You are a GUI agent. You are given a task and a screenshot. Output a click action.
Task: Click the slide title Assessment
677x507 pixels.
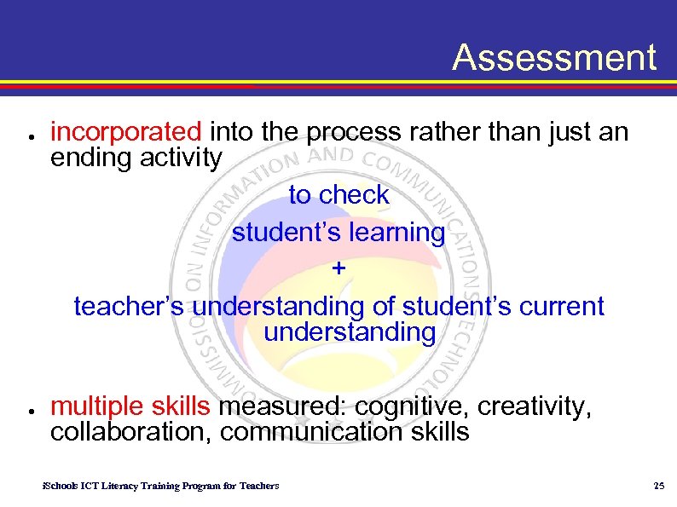[x=554, y=58]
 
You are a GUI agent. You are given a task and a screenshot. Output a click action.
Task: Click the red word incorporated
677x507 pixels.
[x=125, y=132]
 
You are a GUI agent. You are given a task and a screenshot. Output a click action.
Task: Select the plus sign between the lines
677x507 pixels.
[x=339, y=268]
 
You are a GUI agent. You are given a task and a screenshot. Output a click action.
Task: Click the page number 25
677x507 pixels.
[x=657, y=486]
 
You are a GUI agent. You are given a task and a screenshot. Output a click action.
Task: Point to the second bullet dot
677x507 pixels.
[x=30, y=411]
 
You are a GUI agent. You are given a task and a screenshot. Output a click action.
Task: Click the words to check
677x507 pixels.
[x=338, y=195]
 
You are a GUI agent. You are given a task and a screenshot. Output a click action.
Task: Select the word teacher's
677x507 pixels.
[x=128, y=306]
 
